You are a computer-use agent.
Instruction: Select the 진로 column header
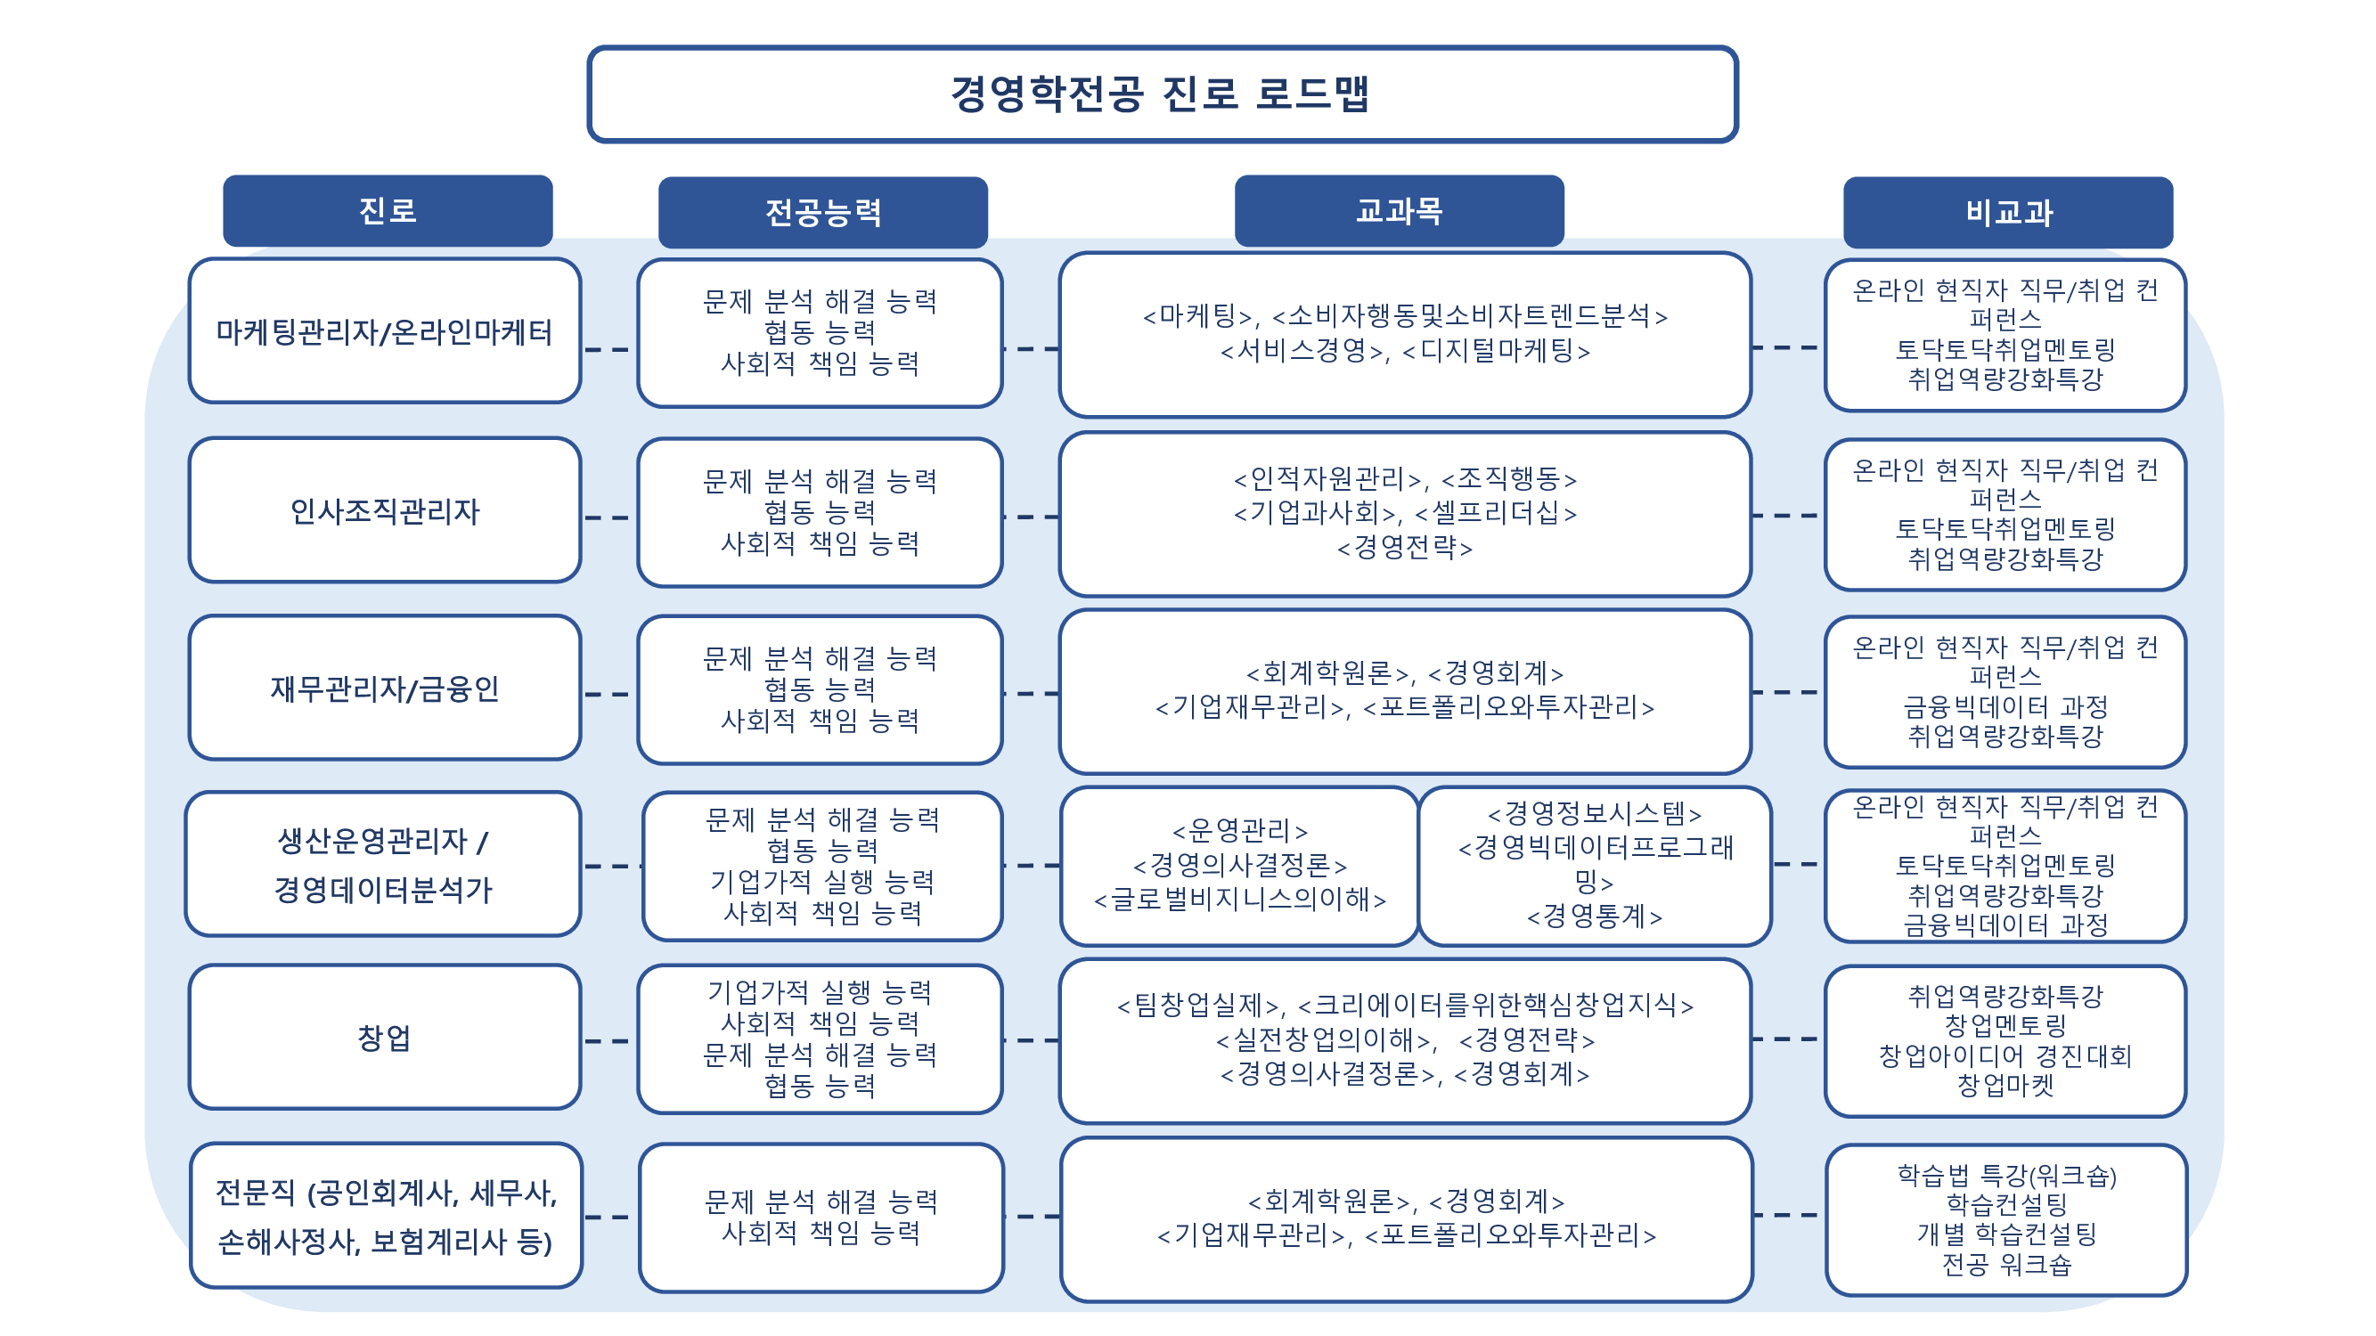[x=388, y=211]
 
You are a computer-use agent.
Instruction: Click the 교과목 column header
[x=1399, y=211]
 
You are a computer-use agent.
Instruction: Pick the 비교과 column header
[x=2007, y=213]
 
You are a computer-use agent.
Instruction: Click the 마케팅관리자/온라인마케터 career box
[x=384, y=331]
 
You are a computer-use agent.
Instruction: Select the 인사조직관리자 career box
[x=384, y=510]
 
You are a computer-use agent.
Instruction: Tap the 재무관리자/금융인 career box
[x=384, y=688]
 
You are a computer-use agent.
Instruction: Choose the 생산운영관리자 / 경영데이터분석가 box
[x=382, y=864]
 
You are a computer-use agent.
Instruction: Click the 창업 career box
[x=384, y=1038]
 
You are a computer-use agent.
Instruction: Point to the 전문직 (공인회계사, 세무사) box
[x=386, y=1216]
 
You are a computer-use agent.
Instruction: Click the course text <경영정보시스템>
[x=1594, y=813]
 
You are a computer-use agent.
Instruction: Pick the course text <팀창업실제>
[x=1201, y=1005]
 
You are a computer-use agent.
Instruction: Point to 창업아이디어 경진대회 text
[x=2005, y=1055]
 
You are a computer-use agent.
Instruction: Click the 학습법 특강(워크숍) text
[x=2005, y=1176]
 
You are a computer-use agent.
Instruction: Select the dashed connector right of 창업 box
[x=607, y=1041]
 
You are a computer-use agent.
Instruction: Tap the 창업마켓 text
[x=2005, y=1085]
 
